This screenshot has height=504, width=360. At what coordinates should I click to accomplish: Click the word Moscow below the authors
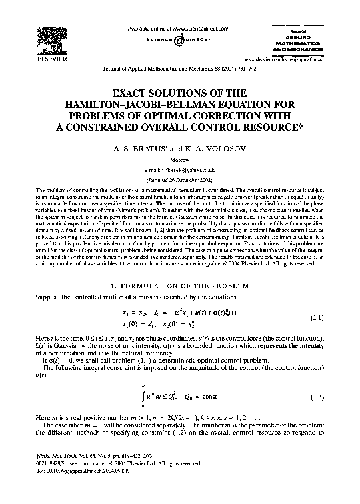180,161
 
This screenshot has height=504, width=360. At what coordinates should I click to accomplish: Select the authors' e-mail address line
180,171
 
